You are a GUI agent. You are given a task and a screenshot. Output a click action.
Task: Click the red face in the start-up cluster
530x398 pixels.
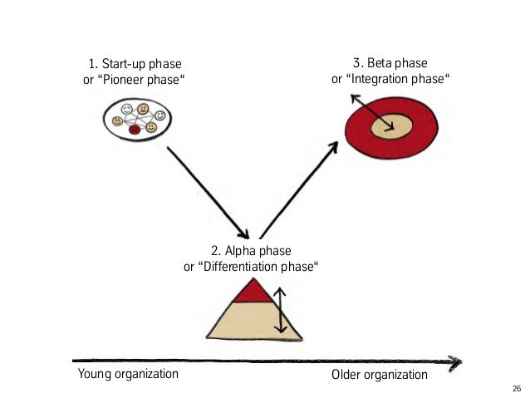pos(135,129)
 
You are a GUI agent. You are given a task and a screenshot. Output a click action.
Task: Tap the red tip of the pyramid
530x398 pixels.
pos(250,292)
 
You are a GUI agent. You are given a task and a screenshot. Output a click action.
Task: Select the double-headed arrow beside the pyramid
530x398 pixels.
pos(281,310)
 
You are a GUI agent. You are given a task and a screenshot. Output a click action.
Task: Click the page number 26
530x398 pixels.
pos(517,388)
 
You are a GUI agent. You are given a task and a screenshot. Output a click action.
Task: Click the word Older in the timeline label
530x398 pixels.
pos(348,375)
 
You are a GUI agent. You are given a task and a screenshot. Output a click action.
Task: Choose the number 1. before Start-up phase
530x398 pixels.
pos(93,64)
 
